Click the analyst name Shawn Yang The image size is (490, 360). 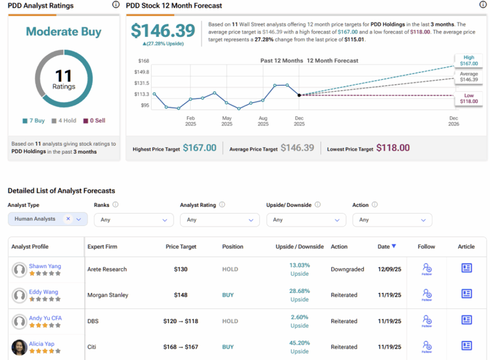click(45, 266)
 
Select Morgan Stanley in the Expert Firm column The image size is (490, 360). click(108, 295)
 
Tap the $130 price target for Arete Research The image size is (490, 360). click(181, 269)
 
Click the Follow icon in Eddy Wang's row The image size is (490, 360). click(427, 294)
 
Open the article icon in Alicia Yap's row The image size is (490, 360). click(466, 346)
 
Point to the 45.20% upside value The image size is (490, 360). click(299, 343)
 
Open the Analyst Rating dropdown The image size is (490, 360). click(219, 220)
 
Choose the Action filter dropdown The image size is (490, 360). click(391, 220)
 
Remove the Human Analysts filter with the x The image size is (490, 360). click(68, 219)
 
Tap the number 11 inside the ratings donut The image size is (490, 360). click(64, 77)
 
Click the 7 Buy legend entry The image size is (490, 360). click(34, 121)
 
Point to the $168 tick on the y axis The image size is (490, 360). click(144, 61)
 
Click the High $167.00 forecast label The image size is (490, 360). click(468, 60)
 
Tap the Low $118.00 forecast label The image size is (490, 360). click(468, 98)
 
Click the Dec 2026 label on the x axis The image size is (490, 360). click(453, 121)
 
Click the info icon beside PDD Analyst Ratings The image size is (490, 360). click(115, 5)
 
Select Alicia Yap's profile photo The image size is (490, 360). click(19, 347)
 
